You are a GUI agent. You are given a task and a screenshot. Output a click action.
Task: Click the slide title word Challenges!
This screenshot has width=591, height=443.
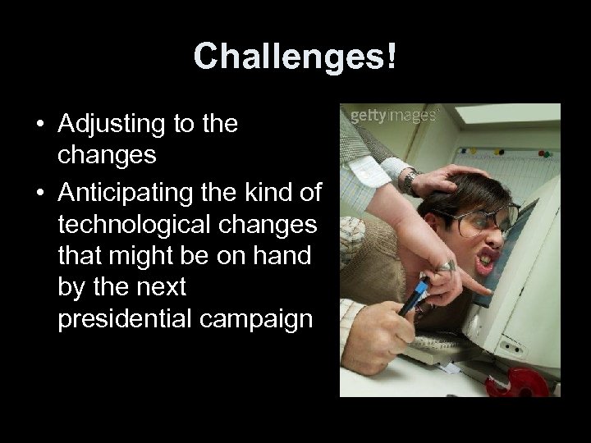pos(295,57)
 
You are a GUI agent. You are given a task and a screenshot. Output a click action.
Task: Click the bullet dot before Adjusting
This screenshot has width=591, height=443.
pos(39,126)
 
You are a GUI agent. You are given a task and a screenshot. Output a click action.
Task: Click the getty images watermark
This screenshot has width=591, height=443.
pos(392,116)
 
